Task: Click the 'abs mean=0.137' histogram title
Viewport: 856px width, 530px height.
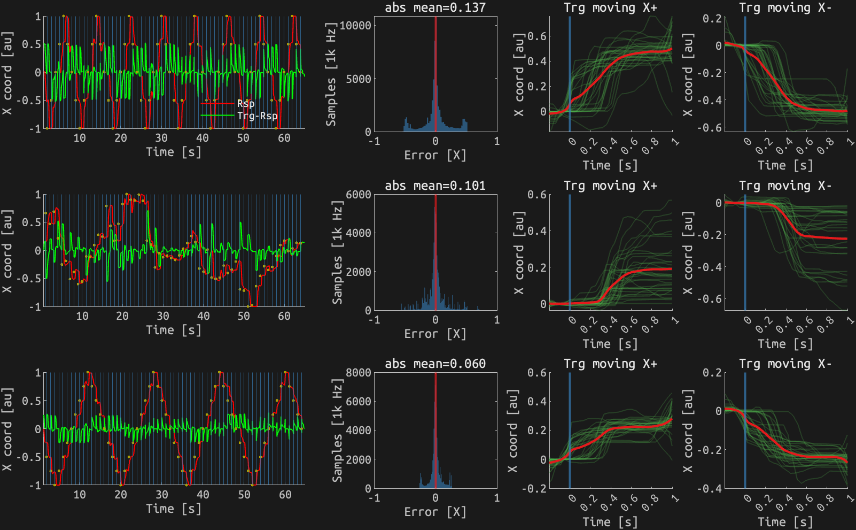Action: (x=435, y=7)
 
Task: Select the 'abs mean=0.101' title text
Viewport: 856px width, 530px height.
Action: (x=435, y=186)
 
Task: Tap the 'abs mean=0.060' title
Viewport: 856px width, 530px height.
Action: (x=435, y=364)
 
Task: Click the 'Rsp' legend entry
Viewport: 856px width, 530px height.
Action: (x=246, y=104)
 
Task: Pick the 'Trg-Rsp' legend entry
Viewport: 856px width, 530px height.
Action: (x=257, y=116)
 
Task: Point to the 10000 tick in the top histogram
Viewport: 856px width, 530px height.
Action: (x=355, y=25)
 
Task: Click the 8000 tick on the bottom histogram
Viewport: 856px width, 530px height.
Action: (x=358, y=372)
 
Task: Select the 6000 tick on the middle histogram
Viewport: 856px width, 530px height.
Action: (x=358, y=194)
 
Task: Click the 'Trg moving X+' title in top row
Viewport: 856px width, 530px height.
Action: (x=610, y=7)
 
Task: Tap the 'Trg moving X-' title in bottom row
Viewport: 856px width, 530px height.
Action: (x=785, y=364)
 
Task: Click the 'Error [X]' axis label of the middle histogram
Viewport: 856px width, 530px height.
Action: (x=435, y=334)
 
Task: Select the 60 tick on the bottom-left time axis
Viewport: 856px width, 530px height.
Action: (x=285, y=495)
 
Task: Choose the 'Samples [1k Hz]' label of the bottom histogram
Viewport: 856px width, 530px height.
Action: (x=337, y=431)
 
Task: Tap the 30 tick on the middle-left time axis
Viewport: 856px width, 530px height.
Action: (x=163, y=316)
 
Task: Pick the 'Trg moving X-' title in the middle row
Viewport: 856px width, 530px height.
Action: (x=785, y=186)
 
